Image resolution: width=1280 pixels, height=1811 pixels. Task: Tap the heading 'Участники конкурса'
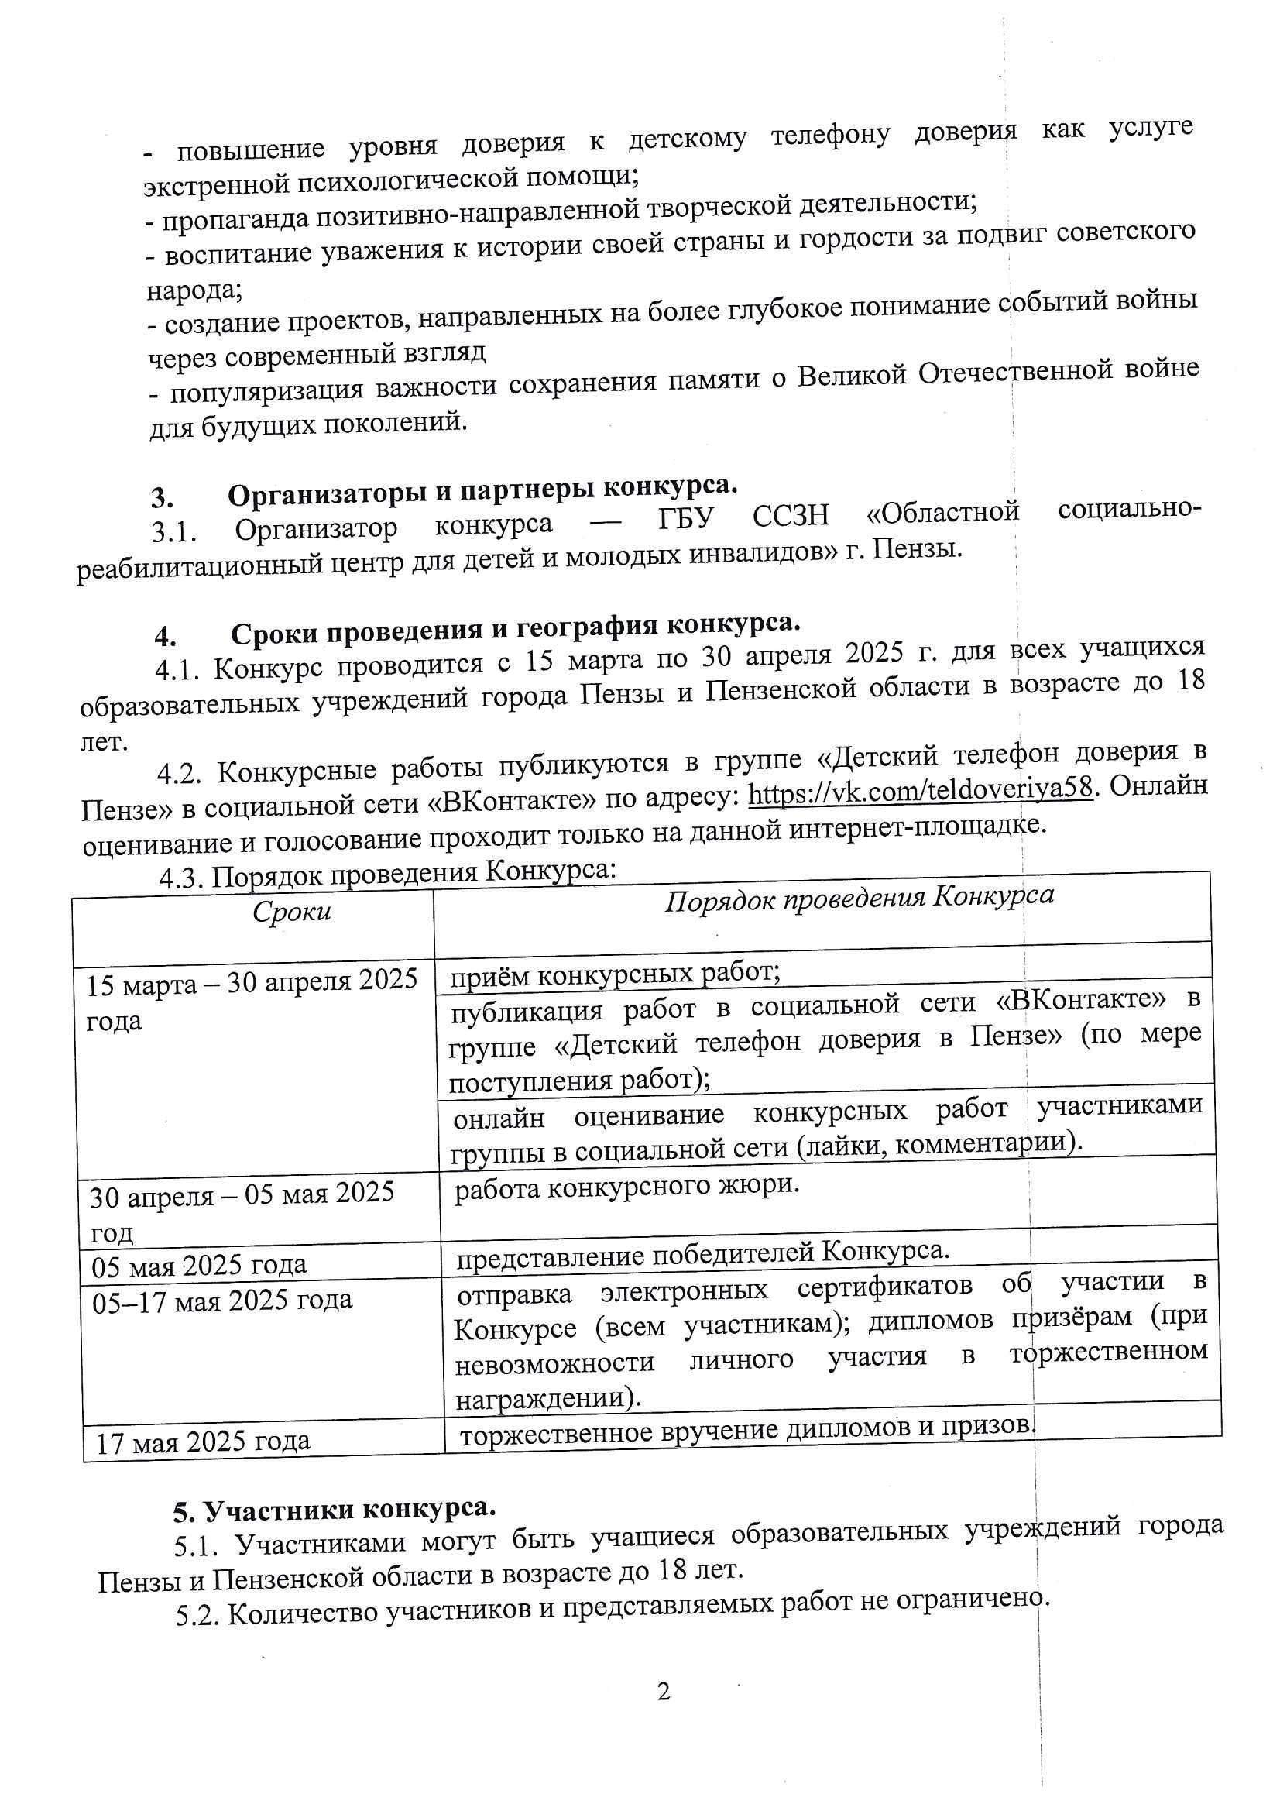pos(335,1510)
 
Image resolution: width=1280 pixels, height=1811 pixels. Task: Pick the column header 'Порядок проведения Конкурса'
pos(859,899)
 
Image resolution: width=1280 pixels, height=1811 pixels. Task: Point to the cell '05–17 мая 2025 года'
pos(221,1300)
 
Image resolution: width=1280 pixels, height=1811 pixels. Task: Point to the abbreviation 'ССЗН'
pos(791,517)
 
